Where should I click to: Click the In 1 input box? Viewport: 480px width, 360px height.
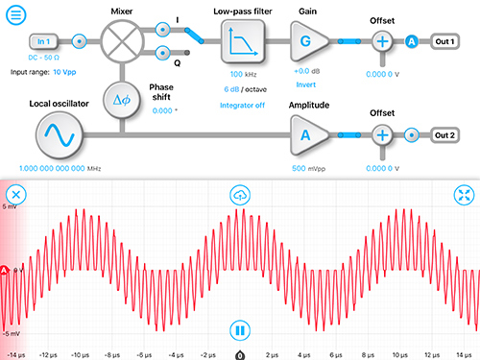click(x=41, y=42)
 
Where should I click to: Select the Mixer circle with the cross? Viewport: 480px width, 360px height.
click(x=121, y=42)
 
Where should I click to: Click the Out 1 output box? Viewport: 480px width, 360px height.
click(x=444, y=42)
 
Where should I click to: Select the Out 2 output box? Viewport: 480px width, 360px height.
click(x=444, y=135)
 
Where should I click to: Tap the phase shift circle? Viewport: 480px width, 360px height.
click(x=121, y=99)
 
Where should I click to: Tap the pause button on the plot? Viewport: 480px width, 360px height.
click(x=240, y=331)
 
